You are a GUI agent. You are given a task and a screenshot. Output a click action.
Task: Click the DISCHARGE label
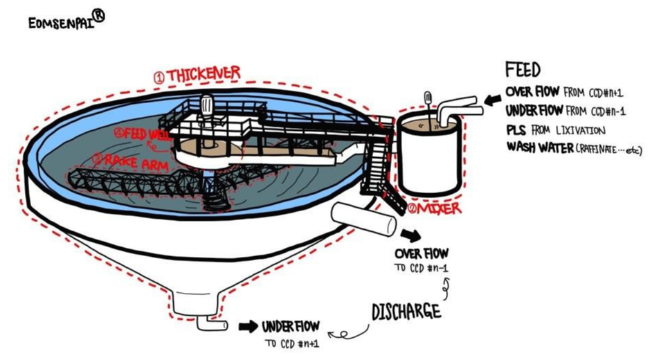406,312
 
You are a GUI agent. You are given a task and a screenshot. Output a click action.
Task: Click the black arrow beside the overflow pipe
411,233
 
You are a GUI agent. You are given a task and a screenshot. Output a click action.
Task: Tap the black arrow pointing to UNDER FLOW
246,325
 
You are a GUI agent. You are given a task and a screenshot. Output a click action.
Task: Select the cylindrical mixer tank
429,156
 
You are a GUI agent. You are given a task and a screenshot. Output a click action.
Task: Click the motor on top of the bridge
206,105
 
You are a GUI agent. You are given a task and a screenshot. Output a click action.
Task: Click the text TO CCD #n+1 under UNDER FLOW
291,343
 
